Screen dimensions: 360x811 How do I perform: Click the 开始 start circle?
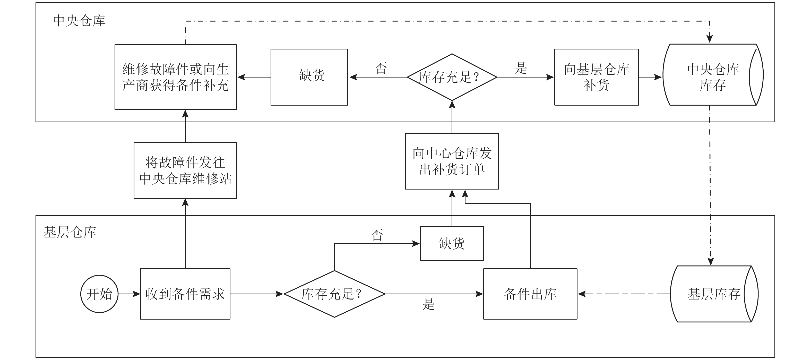99,294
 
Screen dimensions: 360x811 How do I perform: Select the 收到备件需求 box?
185,294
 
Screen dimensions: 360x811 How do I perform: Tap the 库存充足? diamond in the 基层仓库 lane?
334,294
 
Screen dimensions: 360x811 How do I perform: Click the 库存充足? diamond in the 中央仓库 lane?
452,77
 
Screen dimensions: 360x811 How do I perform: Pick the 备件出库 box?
530,294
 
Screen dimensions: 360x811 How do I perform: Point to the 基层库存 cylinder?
714,294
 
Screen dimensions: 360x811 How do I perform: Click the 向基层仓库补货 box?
596,77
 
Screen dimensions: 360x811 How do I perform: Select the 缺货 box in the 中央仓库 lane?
309,77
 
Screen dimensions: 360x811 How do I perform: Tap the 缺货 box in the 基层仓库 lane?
452,243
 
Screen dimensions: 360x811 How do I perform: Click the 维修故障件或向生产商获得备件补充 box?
176,77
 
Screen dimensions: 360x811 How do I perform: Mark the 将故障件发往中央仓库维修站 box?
185,170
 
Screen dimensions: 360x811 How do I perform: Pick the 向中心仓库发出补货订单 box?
452,161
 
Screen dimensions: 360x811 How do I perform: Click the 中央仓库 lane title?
79,21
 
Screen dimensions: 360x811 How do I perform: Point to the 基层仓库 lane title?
70,232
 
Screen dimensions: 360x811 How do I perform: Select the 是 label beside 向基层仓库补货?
521,68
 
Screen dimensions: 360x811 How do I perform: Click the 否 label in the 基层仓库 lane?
377,235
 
